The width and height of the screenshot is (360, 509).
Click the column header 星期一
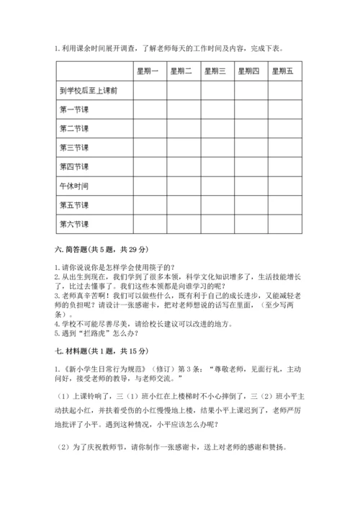(149, 71)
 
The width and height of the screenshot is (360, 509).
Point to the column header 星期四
(249, 71)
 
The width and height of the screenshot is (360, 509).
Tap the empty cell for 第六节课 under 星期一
(149, 223)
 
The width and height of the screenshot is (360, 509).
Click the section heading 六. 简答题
(101, 249)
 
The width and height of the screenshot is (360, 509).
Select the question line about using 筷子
(120, 266)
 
